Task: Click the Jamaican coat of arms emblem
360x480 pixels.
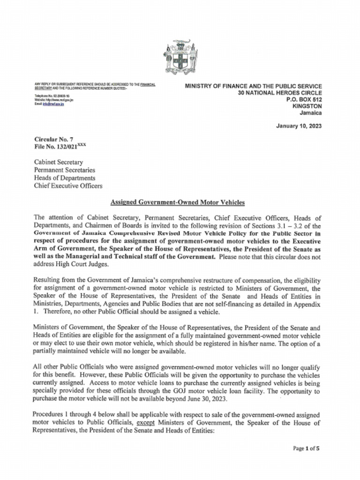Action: [180, 58]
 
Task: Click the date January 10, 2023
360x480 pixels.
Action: [299, 126]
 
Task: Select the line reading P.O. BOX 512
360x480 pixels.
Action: [304, 99]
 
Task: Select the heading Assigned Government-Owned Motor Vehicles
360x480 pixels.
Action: [177, 202]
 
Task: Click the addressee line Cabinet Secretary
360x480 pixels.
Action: [59, 162]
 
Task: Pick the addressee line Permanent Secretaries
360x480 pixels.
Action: [64, 170]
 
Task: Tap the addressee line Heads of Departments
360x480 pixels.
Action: [64, 178]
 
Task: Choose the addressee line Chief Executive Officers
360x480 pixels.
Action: [68, 186]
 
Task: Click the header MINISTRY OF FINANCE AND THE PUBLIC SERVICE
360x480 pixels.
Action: [253, 86]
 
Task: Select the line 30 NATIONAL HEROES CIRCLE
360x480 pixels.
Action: [279, 93]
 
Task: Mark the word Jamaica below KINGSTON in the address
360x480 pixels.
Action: [312, 113]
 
